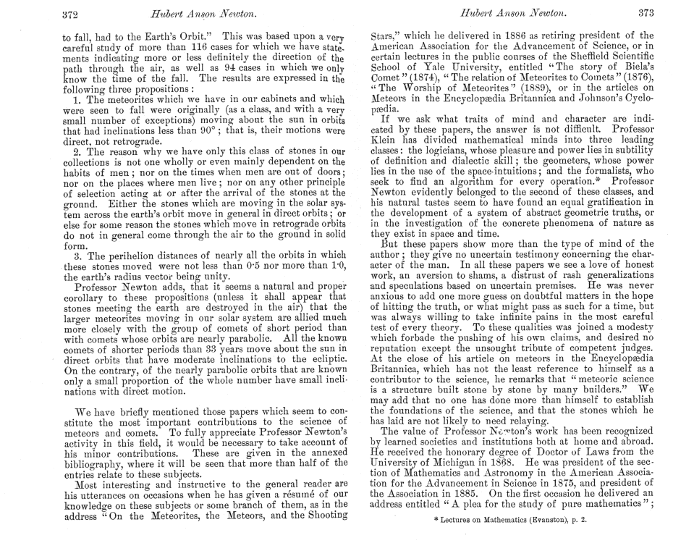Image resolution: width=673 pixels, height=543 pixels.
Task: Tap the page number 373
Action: click(644, 14)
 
